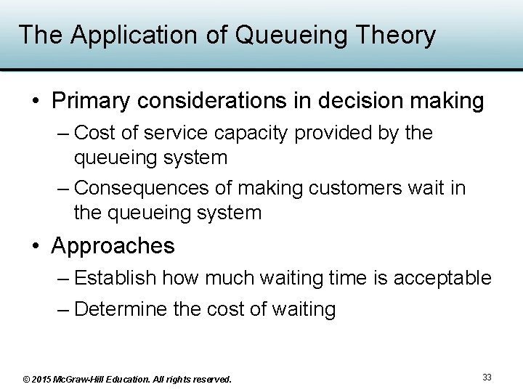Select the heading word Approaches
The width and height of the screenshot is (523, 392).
113,246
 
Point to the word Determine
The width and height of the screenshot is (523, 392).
121,310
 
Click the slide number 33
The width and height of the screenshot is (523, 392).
487,377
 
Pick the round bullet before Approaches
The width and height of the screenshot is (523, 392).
36,247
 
